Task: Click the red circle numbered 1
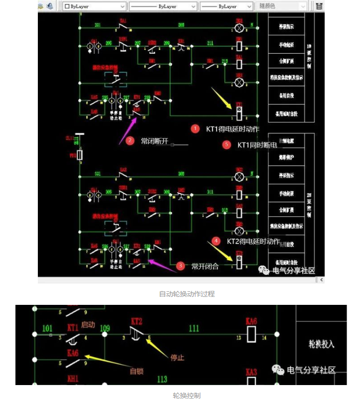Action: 195,129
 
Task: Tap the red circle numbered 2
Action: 130,140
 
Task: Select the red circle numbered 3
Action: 181,266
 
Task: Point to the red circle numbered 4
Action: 216,241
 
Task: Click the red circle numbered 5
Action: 227,145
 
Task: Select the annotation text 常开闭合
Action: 205,267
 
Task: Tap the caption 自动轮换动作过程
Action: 187,294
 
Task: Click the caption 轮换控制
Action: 187,395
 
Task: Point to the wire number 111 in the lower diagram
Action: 194,328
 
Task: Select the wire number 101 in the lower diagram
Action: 47,328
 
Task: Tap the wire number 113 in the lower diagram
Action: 162,379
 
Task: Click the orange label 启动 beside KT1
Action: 88,325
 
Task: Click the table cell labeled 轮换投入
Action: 321,344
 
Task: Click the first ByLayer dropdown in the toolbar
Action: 94,6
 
